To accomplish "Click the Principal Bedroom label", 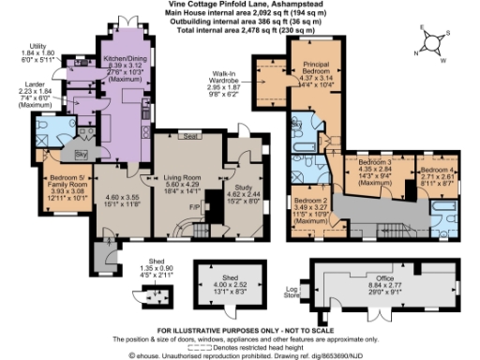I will (316, 68).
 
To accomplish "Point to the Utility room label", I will (37, 46).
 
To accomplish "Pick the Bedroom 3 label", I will (375, 163).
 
